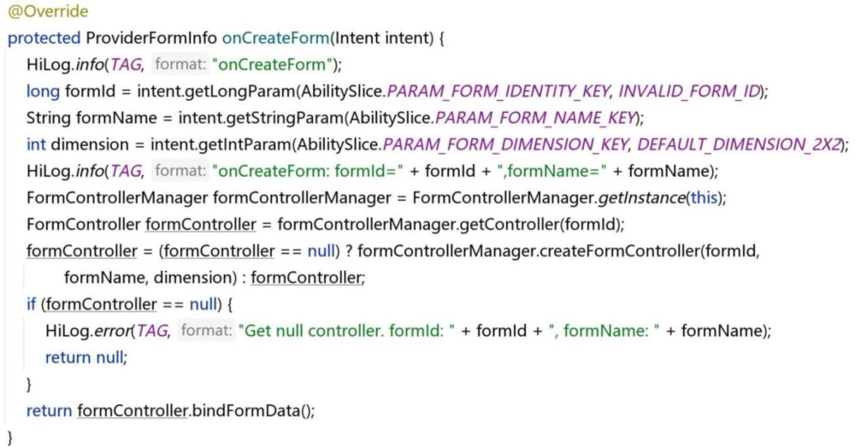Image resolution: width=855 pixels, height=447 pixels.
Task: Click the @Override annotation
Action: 48,11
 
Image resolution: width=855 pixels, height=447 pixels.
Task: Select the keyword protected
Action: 44,38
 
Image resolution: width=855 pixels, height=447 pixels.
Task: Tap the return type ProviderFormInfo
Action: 152,38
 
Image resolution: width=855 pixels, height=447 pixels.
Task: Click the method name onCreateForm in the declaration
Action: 275,38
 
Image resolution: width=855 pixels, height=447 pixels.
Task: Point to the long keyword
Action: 43,91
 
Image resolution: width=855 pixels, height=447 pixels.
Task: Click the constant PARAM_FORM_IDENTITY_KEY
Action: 498,91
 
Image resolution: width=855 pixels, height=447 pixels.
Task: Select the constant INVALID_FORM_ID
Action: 689,91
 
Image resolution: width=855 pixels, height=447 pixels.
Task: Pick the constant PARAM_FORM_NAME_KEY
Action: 536,118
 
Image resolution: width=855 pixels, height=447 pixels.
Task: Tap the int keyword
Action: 36,145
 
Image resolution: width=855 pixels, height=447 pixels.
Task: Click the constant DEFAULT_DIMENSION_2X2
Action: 739,145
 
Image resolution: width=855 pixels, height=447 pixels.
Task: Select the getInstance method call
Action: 641,198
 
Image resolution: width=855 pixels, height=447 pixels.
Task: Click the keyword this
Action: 704,198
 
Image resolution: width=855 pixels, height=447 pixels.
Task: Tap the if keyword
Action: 31,304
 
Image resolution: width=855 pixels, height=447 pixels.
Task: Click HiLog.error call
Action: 88,331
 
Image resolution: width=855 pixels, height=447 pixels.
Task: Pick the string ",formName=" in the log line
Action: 551,171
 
